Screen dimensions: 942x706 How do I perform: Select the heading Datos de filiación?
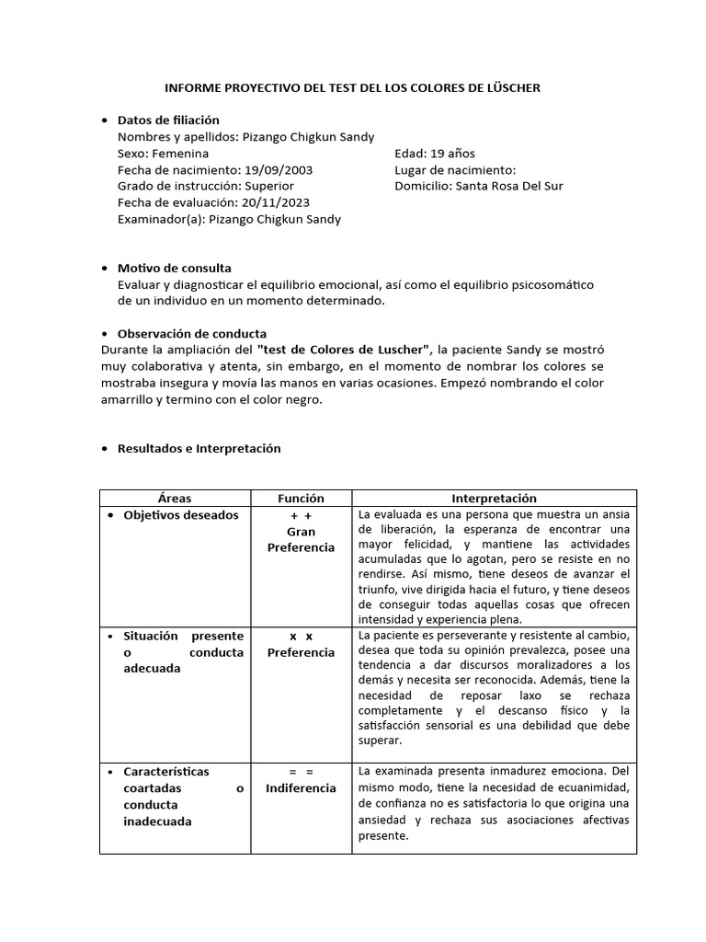[168, 120]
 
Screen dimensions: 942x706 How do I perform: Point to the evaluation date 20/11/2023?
[277, 202]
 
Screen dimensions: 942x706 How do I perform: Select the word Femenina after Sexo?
[180, 153]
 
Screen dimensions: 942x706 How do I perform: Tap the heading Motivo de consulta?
[175, 268]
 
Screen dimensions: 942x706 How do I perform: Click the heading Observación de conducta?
[192, 333]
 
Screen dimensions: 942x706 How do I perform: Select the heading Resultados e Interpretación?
[199, 448]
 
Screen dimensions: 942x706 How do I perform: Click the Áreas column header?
[175, 498]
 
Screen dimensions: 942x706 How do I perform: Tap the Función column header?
[301, 498]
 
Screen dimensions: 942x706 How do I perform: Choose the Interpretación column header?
[494, 498]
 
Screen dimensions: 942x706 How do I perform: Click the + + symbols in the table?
[301, 515]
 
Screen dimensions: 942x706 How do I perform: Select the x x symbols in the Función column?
[301, 636]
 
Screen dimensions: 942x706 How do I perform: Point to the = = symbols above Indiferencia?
[301, 772]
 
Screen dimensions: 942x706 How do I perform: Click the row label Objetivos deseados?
[180, 515]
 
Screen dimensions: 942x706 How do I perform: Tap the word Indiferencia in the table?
[301, 788]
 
